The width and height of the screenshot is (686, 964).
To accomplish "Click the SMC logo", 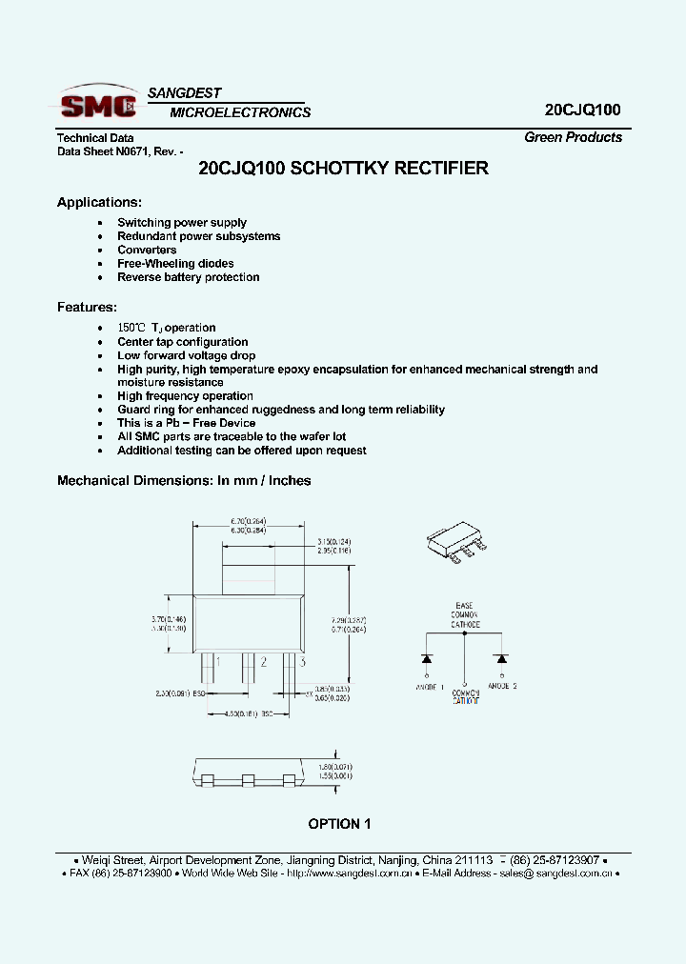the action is point(97,102).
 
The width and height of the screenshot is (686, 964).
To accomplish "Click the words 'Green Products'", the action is point(573,137).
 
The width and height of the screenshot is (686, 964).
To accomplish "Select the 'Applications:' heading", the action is point(99,202).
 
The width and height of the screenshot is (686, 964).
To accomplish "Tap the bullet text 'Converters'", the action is point(147,250).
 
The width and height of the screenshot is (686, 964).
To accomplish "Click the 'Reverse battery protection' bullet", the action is point(188,277).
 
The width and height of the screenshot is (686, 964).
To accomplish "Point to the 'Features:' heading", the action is point(87,307).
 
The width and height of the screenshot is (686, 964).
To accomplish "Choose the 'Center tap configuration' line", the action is point(182,341).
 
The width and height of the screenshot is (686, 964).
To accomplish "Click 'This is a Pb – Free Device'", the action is point(186,423).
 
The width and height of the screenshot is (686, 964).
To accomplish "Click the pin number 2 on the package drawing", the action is point(263,661).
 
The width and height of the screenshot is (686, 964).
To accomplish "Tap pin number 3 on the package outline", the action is point(302,661).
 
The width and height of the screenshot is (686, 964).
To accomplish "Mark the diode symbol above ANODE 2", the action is point(500,658).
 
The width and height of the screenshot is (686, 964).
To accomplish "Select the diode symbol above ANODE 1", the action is point(428,658).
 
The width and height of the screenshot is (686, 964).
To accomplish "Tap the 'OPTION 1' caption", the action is point(339,824).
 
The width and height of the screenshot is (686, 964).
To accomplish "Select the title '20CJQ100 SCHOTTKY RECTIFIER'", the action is point(343,169).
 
